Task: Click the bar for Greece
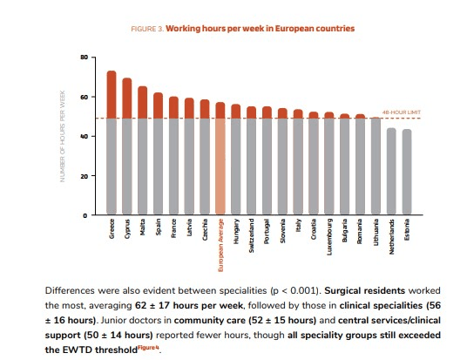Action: (112, 143)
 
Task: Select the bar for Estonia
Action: (407, 172)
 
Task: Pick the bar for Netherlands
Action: (391, 171)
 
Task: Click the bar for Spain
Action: (158, 153)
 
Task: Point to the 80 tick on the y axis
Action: (84, 58)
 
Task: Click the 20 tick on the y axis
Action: (84, 176)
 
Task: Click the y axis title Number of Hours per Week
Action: (63, 135)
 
